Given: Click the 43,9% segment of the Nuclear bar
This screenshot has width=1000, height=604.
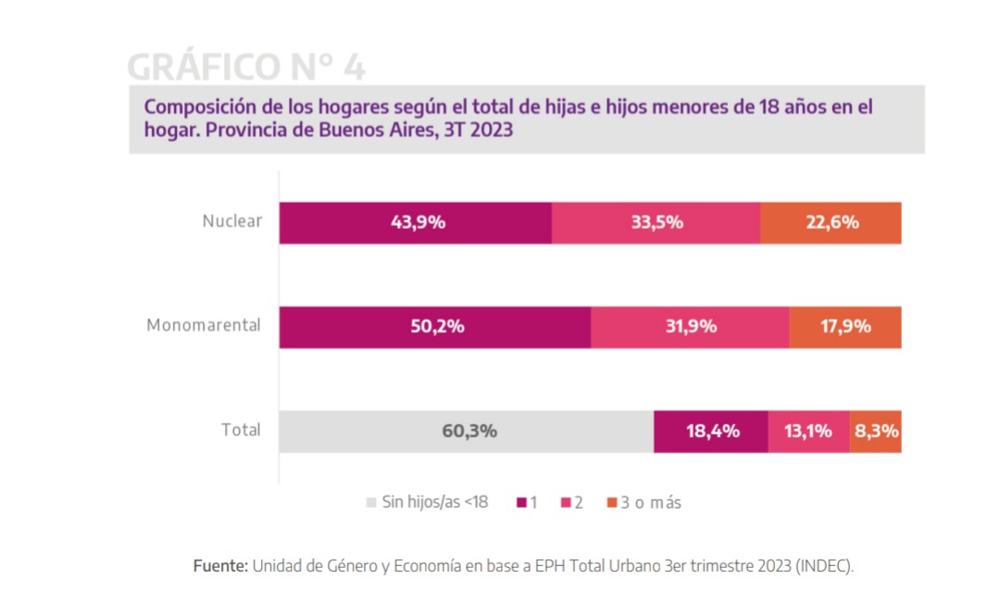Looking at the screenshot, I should [415, 222].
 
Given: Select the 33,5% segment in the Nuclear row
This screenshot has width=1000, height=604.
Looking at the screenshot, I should [656, 222].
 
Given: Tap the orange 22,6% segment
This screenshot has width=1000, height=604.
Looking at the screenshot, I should [831, 222].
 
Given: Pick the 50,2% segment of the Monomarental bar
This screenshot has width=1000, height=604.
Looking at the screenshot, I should [434, 327].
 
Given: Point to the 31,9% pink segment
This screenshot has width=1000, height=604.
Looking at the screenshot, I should [690, 327].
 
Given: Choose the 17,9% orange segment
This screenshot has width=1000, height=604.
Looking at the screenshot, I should [844, 327].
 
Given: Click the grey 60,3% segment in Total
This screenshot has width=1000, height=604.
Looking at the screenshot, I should [466, 432].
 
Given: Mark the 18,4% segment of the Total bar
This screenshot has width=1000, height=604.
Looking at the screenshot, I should [710, 432].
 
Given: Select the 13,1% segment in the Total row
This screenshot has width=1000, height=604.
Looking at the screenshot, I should [808, 432].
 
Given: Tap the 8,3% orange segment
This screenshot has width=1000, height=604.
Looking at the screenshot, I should [876, 432].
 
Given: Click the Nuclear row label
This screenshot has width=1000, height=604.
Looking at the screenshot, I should [232, 221].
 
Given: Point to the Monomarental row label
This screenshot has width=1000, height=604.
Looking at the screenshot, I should [204, 326].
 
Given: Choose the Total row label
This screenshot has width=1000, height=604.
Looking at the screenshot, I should [241, 430].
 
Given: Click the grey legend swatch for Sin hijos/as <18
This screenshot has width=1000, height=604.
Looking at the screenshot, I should [371, 503].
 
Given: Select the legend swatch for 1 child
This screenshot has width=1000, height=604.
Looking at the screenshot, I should [522, 503].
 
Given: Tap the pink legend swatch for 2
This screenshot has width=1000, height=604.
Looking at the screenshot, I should [565, 503].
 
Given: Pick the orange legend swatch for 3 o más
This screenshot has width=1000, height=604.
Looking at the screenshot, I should [611, 503].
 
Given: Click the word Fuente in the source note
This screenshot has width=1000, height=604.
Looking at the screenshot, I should [219, 565].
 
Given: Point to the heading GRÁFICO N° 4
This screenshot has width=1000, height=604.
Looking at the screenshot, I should [245, 67].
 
